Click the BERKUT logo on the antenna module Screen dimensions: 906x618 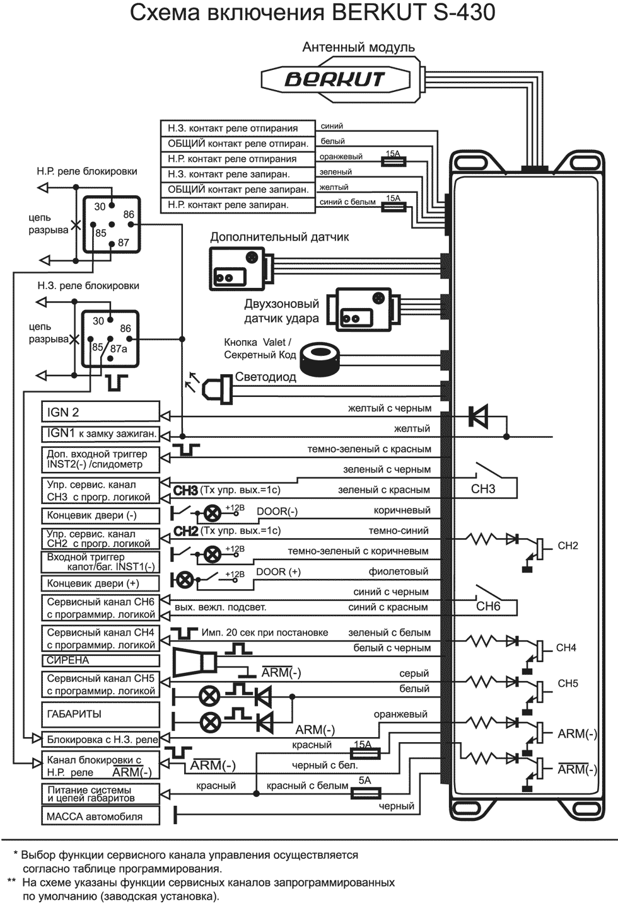pos(334,79)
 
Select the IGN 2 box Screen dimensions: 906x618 pos(100,412)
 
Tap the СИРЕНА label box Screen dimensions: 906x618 pos(100,660)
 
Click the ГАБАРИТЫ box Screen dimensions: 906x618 pos(100,714)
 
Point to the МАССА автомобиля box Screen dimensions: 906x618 pos(100,817)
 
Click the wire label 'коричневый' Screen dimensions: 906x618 pos(402,510)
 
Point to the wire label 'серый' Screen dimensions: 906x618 pos(414,674)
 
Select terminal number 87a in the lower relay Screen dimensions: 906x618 pos(119,348)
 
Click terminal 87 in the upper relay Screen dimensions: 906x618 pos(123,243)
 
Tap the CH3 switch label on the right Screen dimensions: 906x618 pos(483,489)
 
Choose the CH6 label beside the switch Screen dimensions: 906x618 pos(488,607)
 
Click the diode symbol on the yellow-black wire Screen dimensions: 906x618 pos(478,416)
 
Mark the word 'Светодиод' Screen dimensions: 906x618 pos(265,377)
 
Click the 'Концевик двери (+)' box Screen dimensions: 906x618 pos(100,583)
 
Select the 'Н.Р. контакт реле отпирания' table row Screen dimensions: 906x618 pos(237,159)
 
